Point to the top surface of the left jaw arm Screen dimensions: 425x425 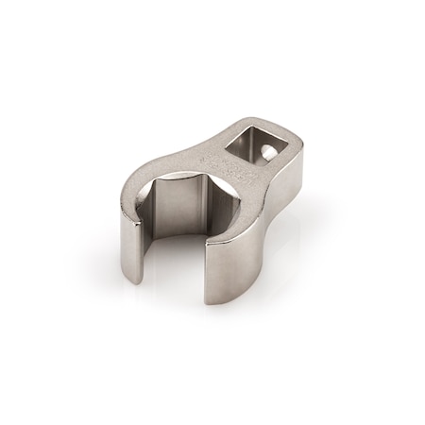(x=137, y=189)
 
